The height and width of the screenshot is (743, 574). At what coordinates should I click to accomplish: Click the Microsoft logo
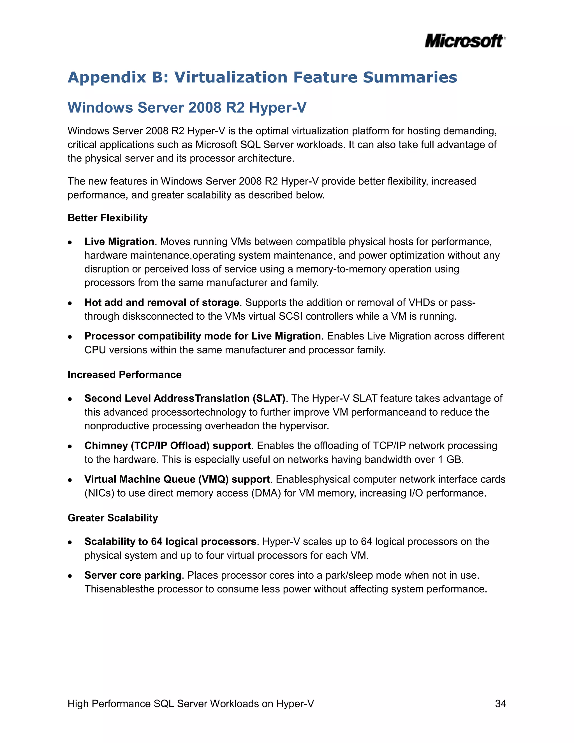tap(464, 41)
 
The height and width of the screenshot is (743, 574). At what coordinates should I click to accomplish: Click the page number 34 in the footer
tap(500, 703)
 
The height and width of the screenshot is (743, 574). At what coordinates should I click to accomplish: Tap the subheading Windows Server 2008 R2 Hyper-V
tap(187, 107)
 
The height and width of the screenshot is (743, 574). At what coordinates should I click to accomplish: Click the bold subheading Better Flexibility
tap(107, 218)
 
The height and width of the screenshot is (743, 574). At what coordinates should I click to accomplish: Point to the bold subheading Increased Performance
tap(124, 375)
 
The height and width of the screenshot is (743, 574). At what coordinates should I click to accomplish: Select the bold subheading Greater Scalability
tap(113, 518)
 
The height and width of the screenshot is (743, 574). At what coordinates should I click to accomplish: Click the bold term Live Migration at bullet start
tap(119, 241)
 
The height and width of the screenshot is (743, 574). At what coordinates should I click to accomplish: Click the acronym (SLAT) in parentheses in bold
tap(269, 398)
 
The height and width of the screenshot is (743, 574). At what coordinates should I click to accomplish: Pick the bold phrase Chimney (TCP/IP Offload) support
tap(168, 446)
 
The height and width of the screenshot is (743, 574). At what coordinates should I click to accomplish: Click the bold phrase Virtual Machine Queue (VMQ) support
tap(177, 479)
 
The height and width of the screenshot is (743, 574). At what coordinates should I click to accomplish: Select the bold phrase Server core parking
tap(133, 575)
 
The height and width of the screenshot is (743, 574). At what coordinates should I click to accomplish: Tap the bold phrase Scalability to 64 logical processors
tap(170, 542)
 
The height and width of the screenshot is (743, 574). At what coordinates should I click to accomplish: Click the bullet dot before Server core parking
tap(70, 576)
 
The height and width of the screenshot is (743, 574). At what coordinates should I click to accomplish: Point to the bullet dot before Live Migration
tap(70, 242)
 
